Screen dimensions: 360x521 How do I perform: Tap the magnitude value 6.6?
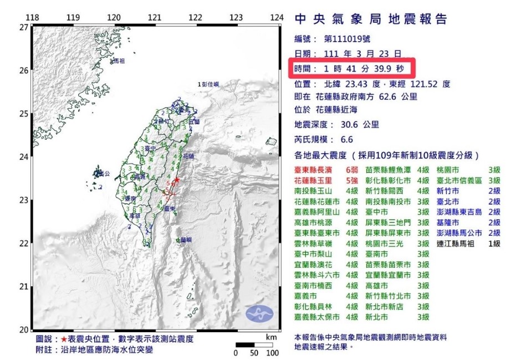pyautogui.click(x=346, y=140)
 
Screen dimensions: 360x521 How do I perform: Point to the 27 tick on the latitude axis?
pyautogui.click(x=24, y=27)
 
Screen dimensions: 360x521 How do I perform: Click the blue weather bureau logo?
pyautogui.click(x=259, y=315)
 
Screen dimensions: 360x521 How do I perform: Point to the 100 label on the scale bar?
pyautogui.click(x=272, y=353)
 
